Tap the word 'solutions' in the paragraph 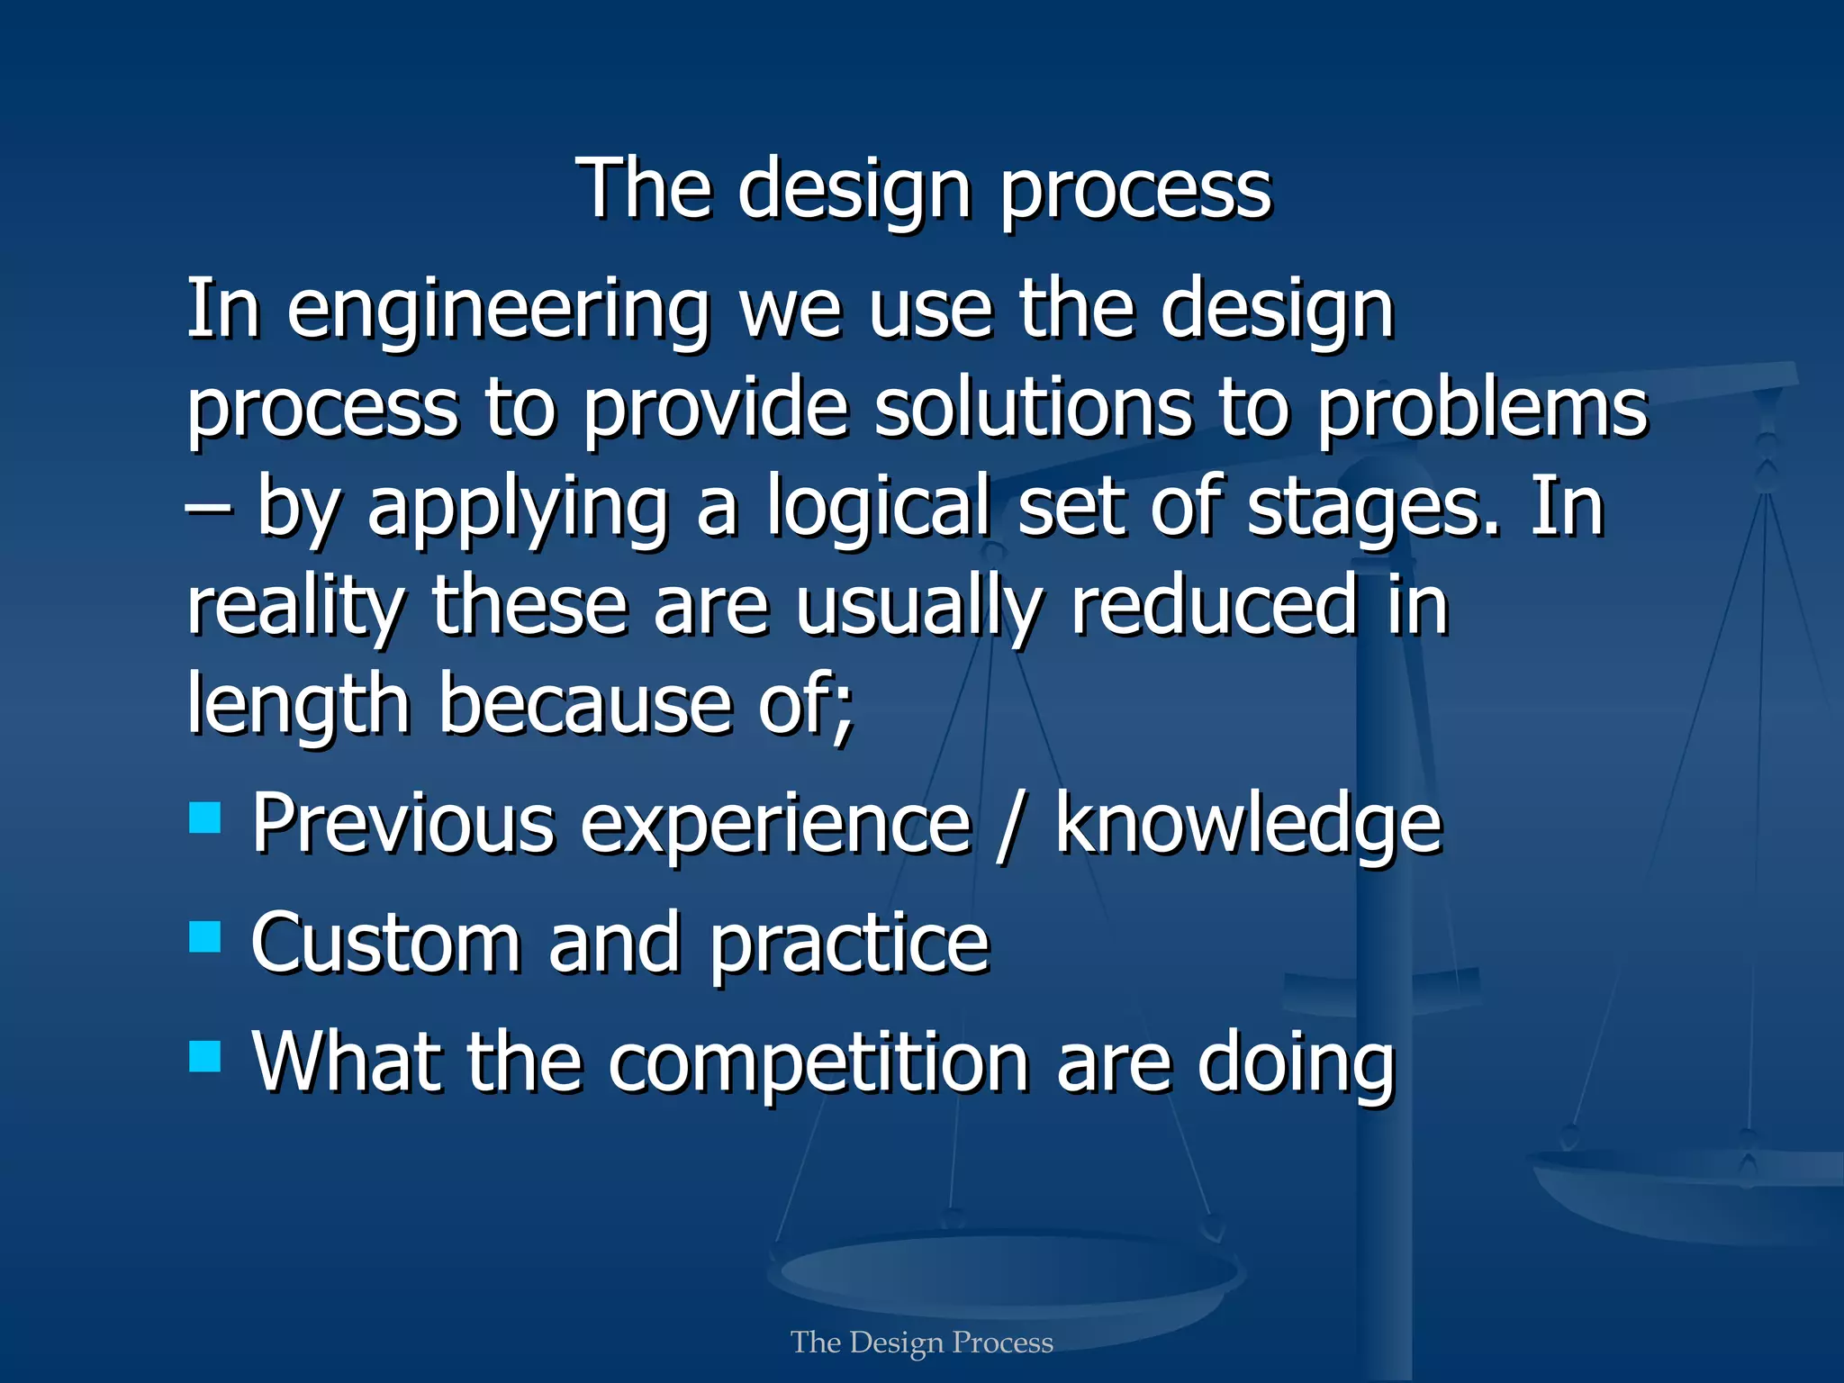click(x=1033, y=410)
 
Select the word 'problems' click(x=1482, y=410)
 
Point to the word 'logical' click(x=878, y=509)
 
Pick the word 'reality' click(x=295, y=608)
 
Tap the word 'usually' click(x=918, y=608)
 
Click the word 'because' click(x=585, y=705)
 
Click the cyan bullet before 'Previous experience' click(x=205, y=818)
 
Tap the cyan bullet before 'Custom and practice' click(x=205, y=936)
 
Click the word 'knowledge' click(x=1248, y=824)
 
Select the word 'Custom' click(x=386, y=943)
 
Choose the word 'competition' click(x=818, y=1064)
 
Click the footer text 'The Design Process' click(x=922, y=1342)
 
